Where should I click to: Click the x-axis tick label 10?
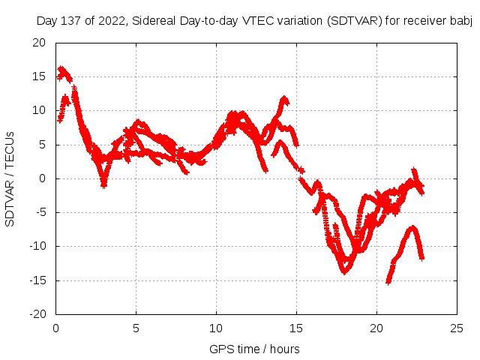(216, 328)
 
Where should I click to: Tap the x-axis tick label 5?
(136, 328)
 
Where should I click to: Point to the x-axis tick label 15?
(296, 328)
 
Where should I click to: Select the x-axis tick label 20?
(376, 328)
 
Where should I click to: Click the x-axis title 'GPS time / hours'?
(256, 349)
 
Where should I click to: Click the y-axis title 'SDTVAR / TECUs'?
(10, 178)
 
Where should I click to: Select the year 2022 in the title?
(112, 21)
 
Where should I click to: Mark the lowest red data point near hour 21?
(388, 281)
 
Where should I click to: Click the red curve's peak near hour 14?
(284, 98)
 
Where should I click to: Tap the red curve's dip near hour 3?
(103, 184)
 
